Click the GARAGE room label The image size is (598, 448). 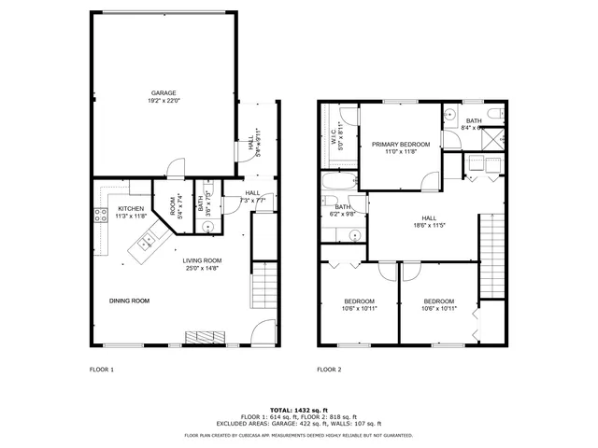coord(164,92)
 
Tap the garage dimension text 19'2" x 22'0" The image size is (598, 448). coord(164,101)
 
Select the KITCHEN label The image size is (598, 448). coord(131,208)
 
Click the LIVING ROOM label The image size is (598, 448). coord(202,260)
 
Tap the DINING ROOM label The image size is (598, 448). coord(129,301)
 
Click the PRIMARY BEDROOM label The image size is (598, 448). coord(401,144)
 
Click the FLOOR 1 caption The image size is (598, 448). coord(101,370)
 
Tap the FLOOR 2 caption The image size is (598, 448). coord(329,370)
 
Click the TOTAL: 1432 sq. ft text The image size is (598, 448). coord(298,410)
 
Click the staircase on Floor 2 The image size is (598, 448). coord(491,252)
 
